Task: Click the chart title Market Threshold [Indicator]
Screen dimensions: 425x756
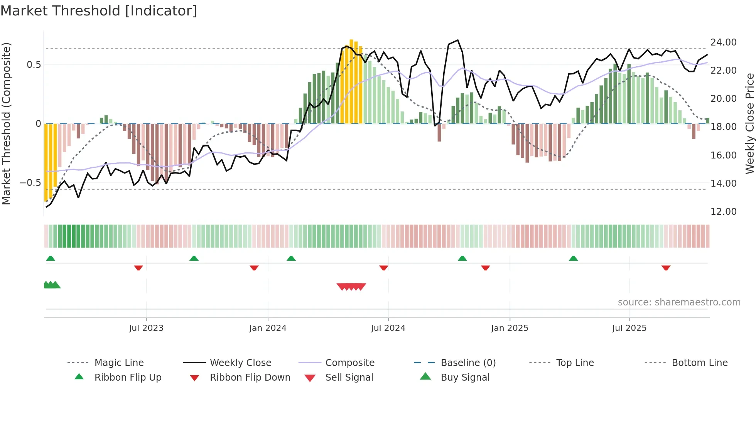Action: pyautogui.click(x=99, y=11)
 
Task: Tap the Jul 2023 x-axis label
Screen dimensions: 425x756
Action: pyautogui.click(x=146, y=328)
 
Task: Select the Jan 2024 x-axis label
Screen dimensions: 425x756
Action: pyautogui.click(x=268, y=328)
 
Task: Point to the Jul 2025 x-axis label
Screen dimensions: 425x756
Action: pyautogui.click(x=629, y=328)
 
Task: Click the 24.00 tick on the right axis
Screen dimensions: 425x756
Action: pyautogui.click(x=723, y=42)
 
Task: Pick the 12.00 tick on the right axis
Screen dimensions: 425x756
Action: pyautogui.click(x=723, y=211)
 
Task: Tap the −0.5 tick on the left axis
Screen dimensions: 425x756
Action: pyautogui.click(x=30, y=182)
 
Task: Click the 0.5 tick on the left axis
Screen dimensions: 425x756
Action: pyautogui.click(x=34, y=64)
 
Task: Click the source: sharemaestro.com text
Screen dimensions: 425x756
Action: pyautogui.click(x=679, y=302)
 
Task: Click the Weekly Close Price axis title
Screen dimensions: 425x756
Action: pyautogui.click(x=749, y=123)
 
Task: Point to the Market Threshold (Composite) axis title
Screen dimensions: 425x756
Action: pyautogui.click(x=6, y=123)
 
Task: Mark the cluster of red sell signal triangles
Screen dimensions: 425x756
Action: pyautogui.click(x=351, y=287)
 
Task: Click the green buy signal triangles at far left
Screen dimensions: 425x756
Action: pyautogui.click(x=52, y=285)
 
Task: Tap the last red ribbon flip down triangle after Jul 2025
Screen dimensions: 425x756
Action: pyautogui.click(x=666, y=268)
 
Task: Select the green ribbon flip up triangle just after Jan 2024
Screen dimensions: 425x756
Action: pyautogui.click(x=291, y=258)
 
